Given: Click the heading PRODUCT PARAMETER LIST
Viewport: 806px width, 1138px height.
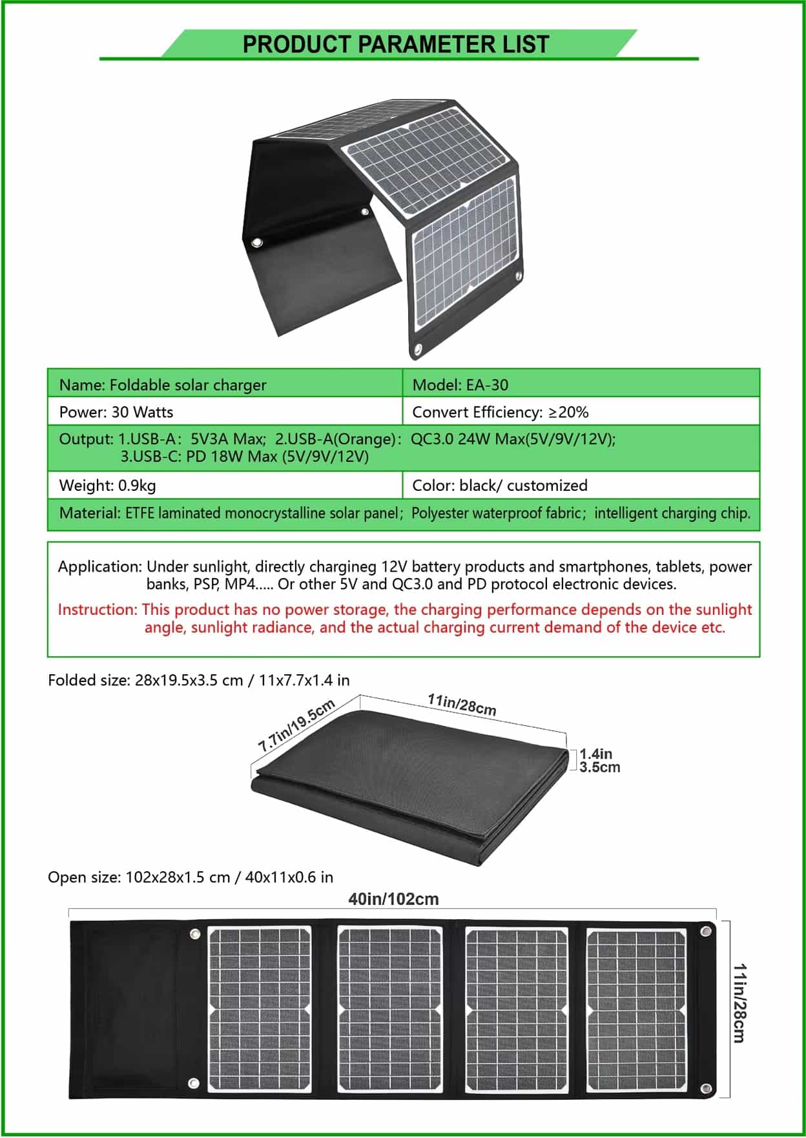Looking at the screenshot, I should [x=395, y=45].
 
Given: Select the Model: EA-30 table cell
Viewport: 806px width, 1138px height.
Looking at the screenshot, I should [x=460, y=385].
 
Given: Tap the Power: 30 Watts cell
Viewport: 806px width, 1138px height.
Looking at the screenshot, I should [x=116, y=412].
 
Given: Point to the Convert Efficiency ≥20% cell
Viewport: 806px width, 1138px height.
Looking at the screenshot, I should [x=500, y=412].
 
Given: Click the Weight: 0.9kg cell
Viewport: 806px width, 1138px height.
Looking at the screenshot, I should [x=108, y=485].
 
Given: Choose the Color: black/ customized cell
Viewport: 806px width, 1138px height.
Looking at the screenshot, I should [x=499, y=485].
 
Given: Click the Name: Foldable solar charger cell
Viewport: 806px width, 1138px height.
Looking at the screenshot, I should [x=163, y=385].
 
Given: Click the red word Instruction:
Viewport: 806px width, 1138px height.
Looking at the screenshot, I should [x=98, y=610].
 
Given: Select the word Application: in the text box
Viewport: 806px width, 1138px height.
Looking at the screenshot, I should [x=100, y=566].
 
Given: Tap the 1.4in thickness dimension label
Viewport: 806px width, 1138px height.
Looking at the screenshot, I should [x=595, y=754].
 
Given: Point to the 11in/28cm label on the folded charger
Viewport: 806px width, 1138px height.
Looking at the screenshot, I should [x=462, y=705].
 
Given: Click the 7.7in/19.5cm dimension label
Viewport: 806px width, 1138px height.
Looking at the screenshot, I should [x=296, y=725].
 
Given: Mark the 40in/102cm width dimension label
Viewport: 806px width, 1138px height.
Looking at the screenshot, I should [x=393, y=899].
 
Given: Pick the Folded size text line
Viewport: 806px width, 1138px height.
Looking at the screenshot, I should [x=199, y=680].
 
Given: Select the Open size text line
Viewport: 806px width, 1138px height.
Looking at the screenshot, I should [x=191, y=877].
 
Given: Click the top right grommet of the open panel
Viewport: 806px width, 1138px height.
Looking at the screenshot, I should [x=706, y=931].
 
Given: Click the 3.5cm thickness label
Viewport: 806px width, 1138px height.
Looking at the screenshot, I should [x=599, y=767].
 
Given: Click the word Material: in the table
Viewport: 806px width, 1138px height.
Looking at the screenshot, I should [x=90, y=513].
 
